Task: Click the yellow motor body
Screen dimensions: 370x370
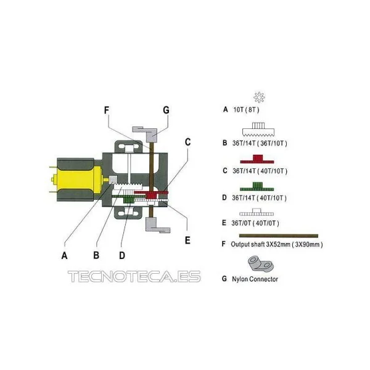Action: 78,179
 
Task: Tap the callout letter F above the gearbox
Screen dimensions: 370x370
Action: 107,110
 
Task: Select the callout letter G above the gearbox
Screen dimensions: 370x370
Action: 166,110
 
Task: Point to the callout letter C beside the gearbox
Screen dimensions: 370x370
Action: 187,142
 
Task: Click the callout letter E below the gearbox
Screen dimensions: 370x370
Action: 187,240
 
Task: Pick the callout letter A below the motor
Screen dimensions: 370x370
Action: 64,255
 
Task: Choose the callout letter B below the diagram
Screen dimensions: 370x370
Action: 96,255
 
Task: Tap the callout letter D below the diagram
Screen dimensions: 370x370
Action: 122,255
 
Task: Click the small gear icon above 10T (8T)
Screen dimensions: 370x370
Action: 259,97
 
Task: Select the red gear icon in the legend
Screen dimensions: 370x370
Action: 257,159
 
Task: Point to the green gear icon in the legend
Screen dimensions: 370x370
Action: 257,186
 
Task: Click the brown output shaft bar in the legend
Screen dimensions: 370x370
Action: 279,236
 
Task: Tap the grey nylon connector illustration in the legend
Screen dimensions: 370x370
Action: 260,264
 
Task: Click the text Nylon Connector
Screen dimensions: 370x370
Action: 255,279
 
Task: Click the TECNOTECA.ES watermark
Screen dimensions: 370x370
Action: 134,276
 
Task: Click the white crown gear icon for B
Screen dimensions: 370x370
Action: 258,129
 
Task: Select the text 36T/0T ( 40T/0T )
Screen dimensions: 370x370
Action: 255,223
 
